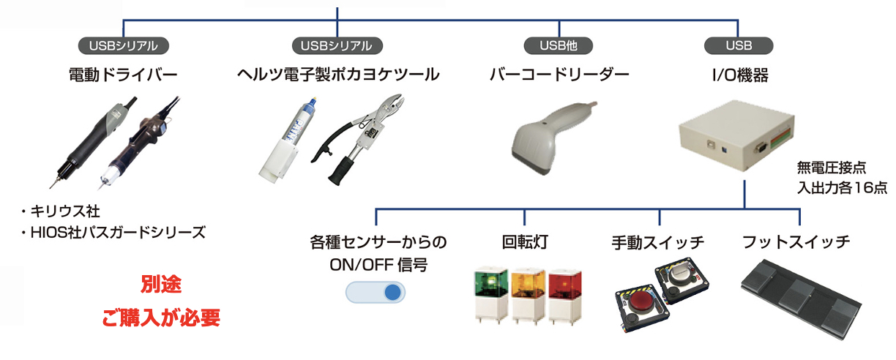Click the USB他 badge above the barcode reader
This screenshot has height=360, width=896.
559,45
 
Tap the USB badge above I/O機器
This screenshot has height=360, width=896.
739,45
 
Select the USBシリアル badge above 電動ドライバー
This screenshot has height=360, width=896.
124,45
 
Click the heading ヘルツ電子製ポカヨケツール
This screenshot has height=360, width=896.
338,75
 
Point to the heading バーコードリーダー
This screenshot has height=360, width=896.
559,75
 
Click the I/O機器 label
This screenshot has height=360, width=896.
740,75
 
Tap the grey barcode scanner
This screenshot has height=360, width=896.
554,138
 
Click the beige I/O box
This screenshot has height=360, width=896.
737,135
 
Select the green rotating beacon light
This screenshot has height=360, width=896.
491,296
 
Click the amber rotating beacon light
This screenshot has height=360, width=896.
528,296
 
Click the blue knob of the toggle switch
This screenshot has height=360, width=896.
392,293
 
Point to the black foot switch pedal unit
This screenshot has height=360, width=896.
801,299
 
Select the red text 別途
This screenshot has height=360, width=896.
161,285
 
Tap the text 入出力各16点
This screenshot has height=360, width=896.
842,187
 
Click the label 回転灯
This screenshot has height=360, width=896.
525,242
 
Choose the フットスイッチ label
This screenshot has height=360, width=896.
796,242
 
